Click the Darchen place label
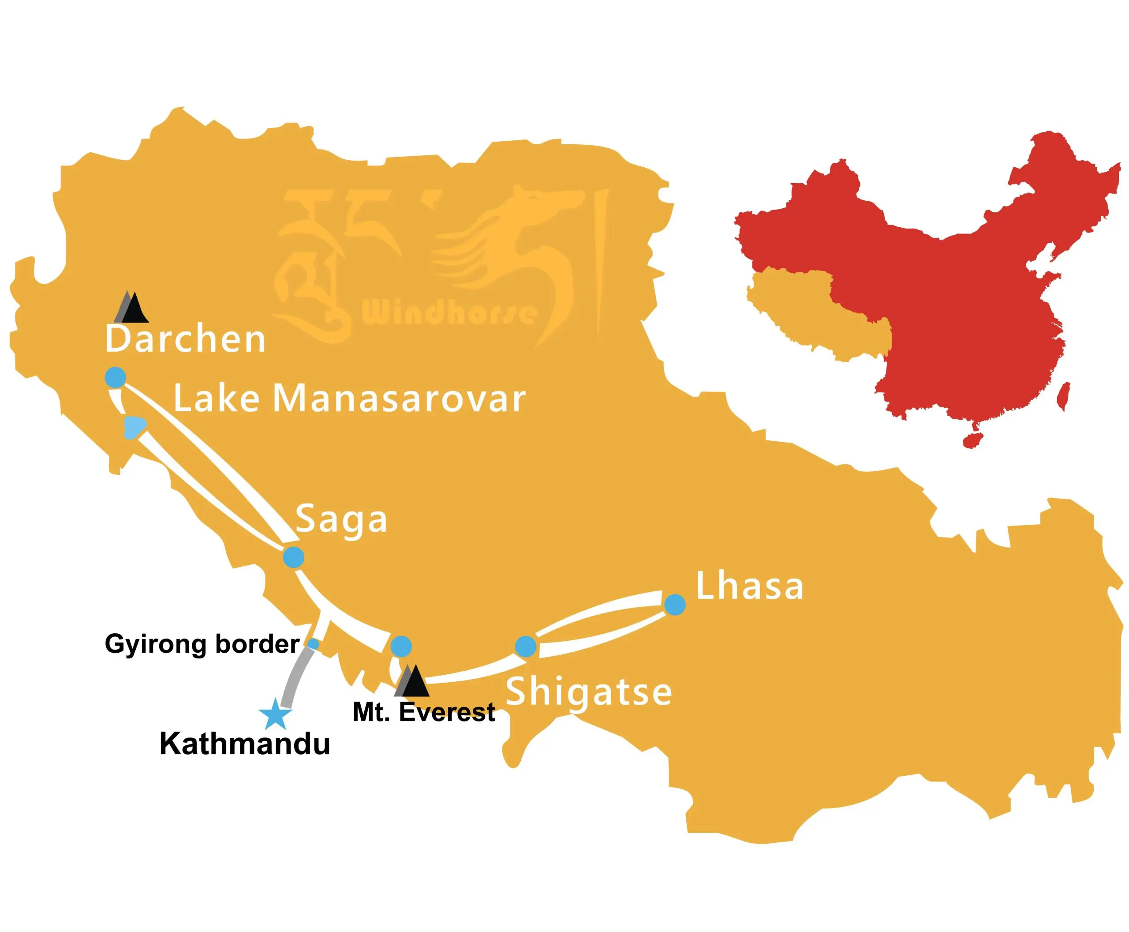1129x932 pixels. [185, 339]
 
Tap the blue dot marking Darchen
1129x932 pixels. [116, 377]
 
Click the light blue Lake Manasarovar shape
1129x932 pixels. [133, 427]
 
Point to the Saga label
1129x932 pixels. [341, 519]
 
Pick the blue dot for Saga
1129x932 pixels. [294, 557]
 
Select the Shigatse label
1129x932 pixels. [589, 691]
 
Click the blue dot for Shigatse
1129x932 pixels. [525, 646]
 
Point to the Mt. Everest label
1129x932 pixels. [424, 712]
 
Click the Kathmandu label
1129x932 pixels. [245, 744]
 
